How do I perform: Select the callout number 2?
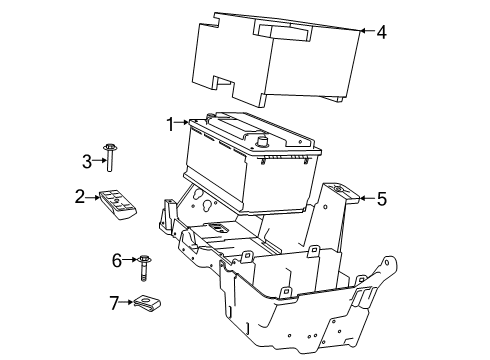coord(79,198)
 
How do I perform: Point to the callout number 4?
coord(381,31)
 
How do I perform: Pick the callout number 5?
coord(381,198)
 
